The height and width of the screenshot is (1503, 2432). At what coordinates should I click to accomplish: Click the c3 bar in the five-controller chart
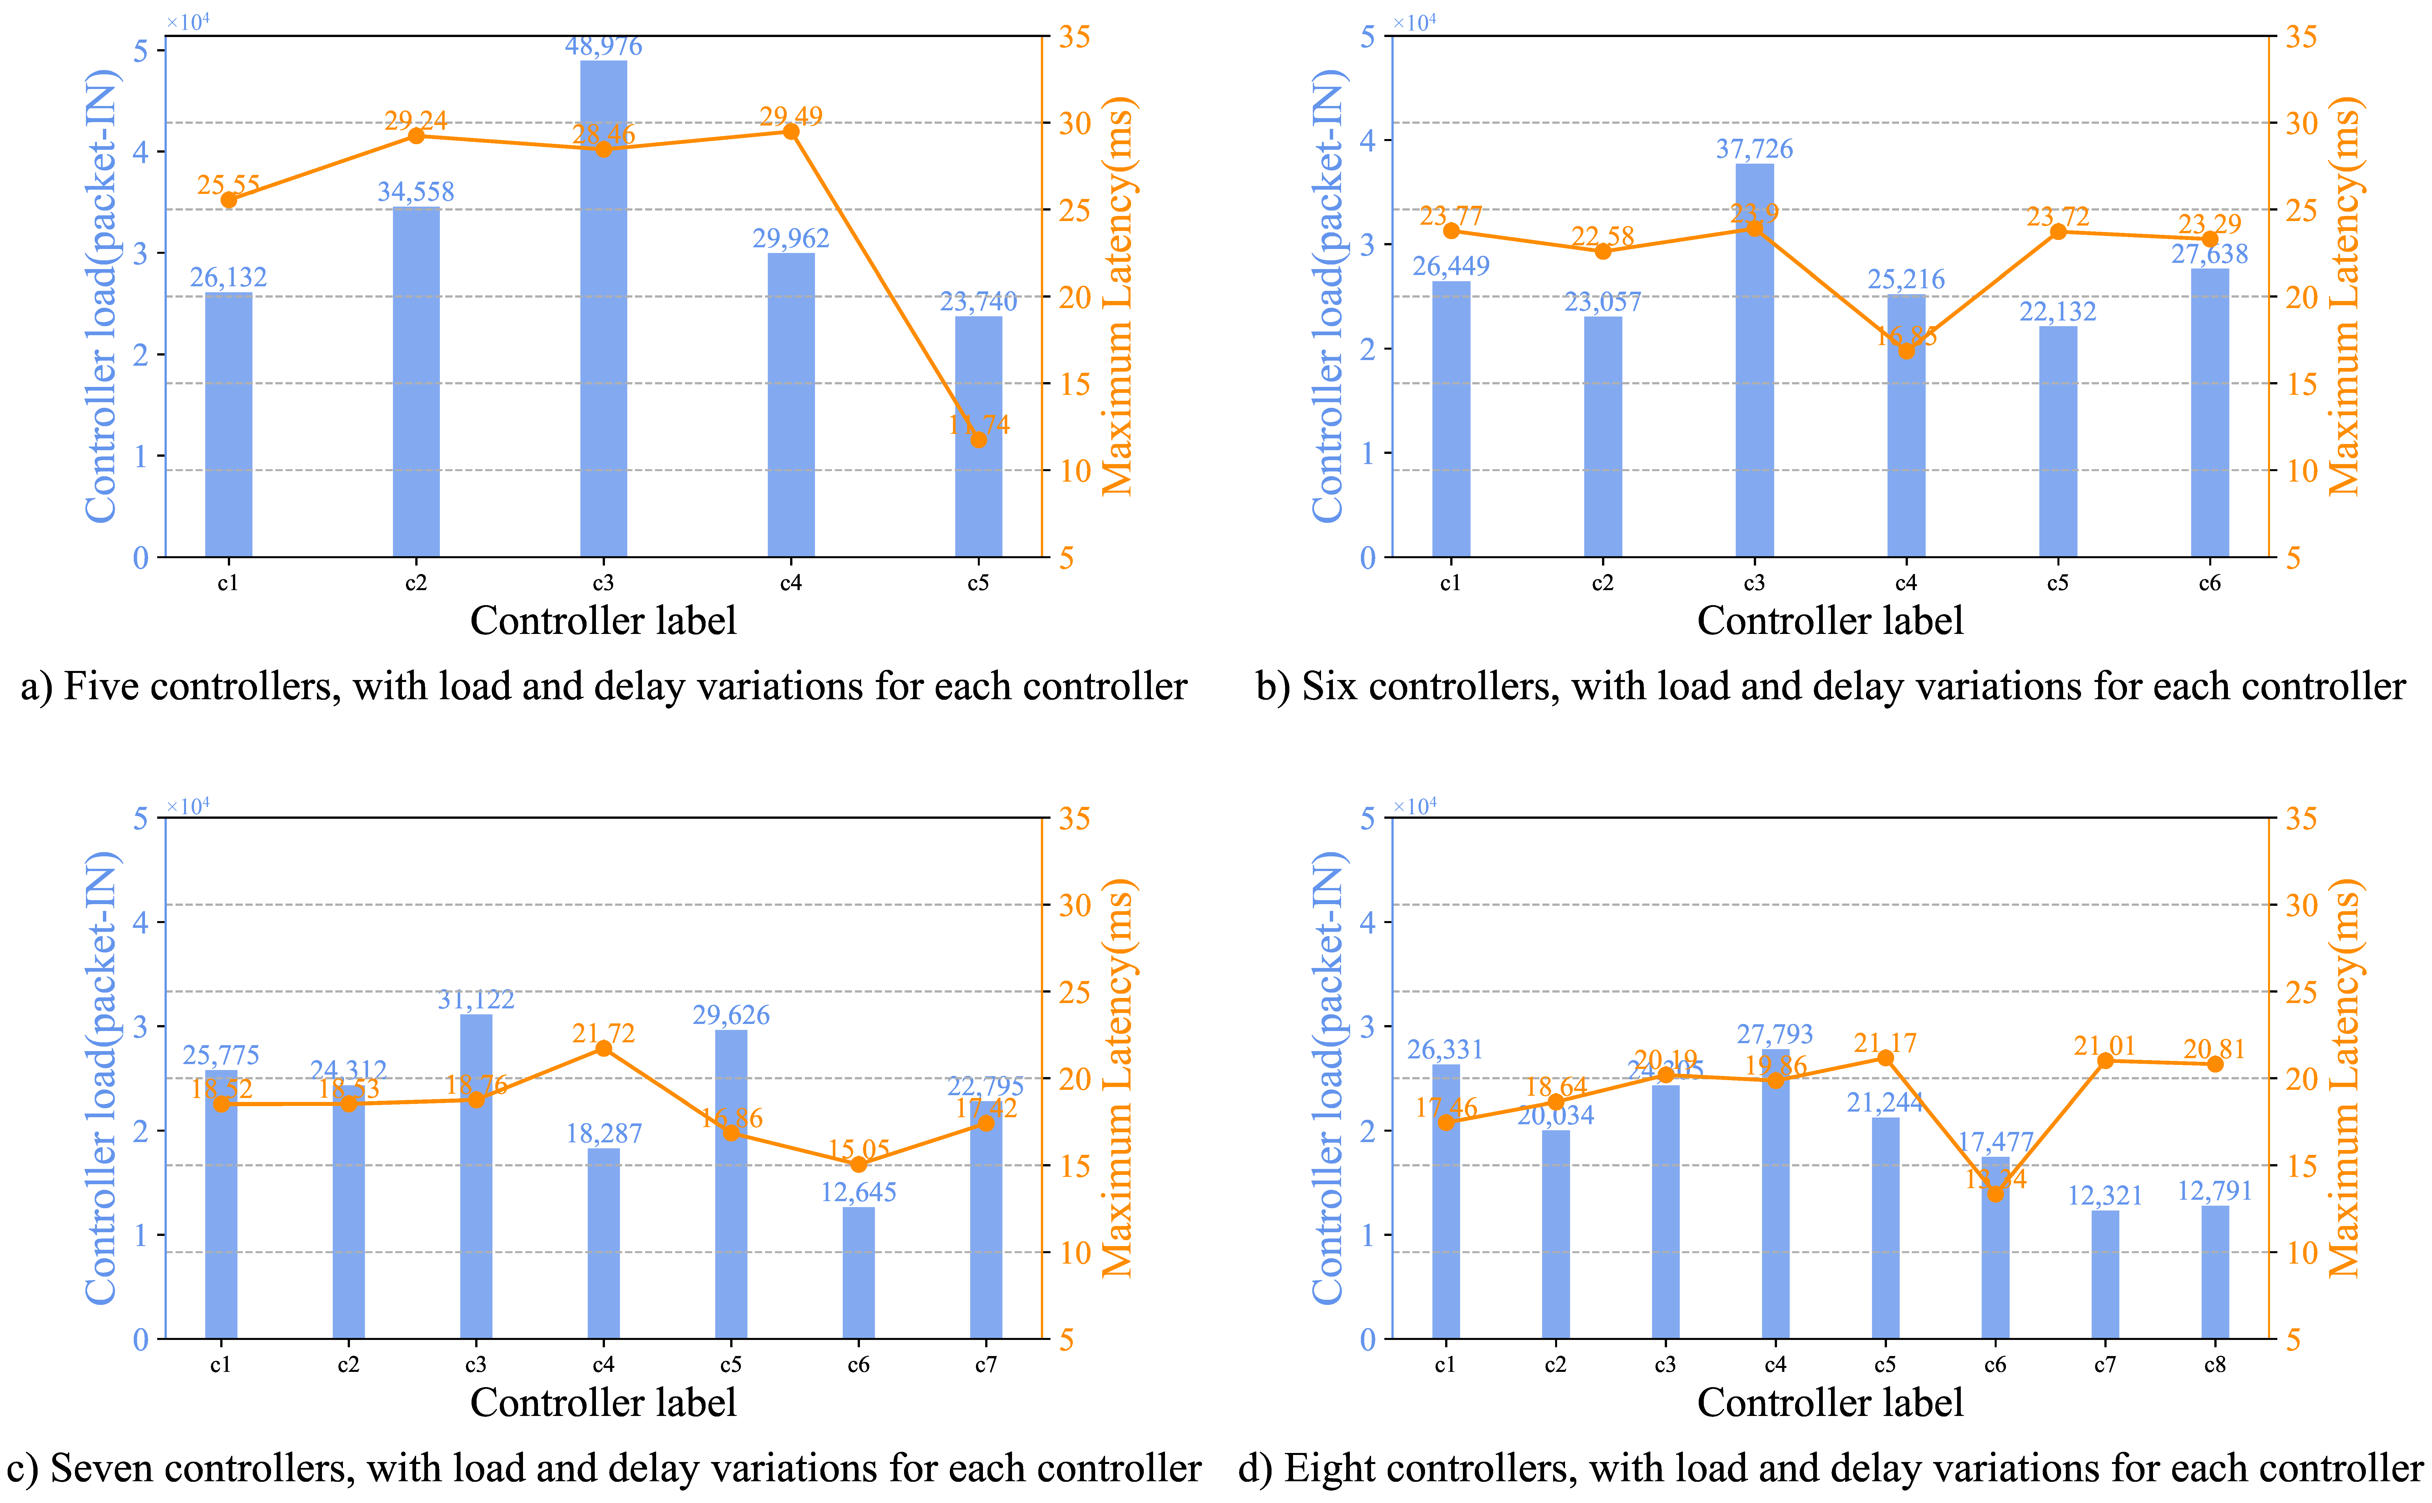(604, 308)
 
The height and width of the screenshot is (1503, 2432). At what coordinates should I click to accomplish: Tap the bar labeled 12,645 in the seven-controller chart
(858, 1272)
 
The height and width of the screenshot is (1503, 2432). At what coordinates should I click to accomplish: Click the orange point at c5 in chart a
(978, 439)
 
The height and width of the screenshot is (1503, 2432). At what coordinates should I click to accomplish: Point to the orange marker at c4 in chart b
(1906, 351)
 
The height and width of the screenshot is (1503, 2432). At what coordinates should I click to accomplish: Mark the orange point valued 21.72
(604, 1049)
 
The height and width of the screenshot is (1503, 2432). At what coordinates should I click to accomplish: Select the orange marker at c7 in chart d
(2105, 1061)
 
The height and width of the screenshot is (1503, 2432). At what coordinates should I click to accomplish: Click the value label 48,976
(604, 47)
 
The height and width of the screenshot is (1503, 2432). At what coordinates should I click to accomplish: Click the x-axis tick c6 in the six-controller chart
(2209, 584)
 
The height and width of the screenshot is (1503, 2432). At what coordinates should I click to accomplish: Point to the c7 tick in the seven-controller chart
(985, 1365)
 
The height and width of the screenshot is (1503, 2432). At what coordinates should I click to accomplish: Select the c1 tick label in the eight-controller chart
(1446, 1365)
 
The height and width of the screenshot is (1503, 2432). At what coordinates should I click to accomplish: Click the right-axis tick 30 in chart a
(1075, 123)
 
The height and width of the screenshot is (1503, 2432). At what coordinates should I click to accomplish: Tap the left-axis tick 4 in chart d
(1368, 922)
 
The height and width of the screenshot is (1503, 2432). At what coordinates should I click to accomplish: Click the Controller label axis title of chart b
(1830, 620)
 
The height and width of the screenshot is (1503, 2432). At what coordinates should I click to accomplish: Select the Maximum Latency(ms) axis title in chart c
(1119, 1078)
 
